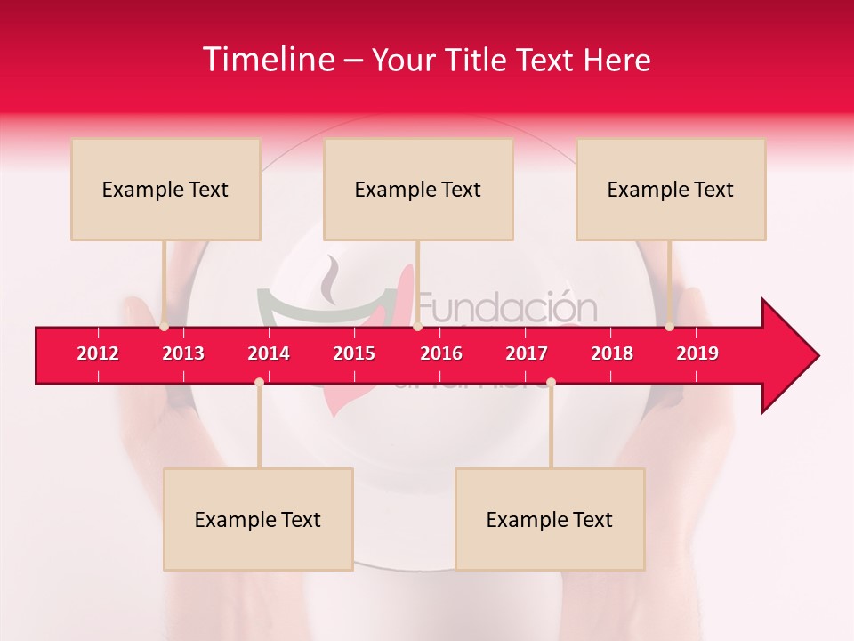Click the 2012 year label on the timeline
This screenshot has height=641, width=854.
pos(98,353)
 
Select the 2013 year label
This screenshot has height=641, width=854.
pos(183,353)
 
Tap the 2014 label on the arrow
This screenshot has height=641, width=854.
pos(269,353)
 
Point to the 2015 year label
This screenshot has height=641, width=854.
pos(354,353)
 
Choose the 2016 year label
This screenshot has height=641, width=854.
pos(441,353)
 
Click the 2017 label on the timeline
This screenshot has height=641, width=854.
pos(527,353)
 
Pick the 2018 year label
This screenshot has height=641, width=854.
pos(612,353)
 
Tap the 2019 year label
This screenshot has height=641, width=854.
pos(697,353)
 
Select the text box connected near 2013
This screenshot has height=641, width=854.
pos(165,189)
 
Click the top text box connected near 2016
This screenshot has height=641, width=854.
pos(418,189)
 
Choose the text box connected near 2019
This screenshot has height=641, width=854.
pos(671,189)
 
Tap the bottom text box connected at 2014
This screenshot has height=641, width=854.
pos(258,519)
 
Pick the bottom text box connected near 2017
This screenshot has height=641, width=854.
pos(550,519)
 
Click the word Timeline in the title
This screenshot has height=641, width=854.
pos(267,60)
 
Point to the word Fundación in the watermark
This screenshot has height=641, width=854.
pos(507,308)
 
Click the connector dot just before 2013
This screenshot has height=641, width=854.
pos(164,327)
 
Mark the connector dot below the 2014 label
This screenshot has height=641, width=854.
pos(259,382)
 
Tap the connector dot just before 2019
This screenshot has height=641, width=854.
pos(669,327)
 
